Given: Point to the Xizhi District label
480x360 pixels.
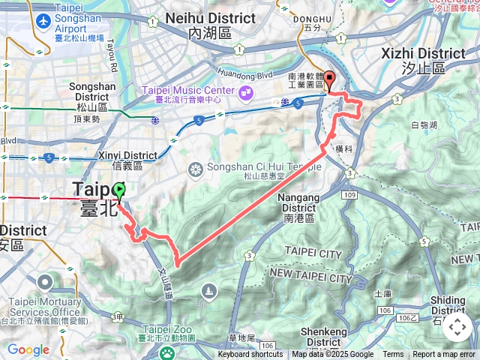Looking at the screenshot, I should [423, 53].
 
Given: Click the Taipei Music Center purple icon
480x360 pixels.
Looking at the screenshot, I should [244, 92].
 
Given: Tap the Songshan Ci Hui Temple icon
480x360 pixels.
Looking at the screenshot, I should [195, 169].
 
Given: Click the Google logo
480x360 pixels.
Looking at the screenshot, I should [28, 349].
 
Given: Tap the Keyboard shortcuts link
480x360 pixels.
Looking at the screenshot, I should [250, 355].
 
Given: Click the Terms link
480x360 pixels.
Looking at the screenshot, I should [393, 355].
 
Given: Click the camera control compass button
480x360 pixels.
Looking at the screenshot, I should [457, 327].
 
